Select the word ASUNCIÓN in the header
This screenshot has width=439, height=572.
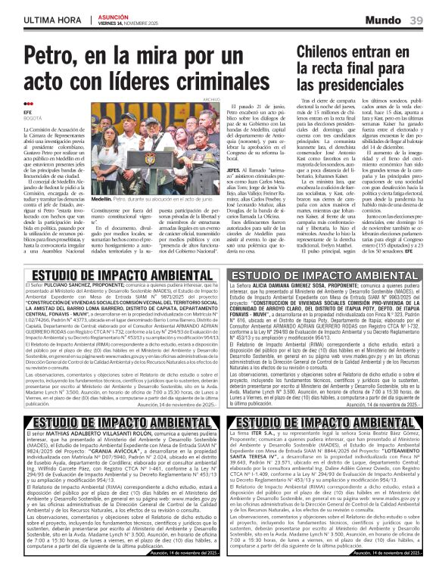click(114, 14)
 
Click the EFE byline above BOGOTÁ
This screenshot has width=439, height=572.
click(29, 112)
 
